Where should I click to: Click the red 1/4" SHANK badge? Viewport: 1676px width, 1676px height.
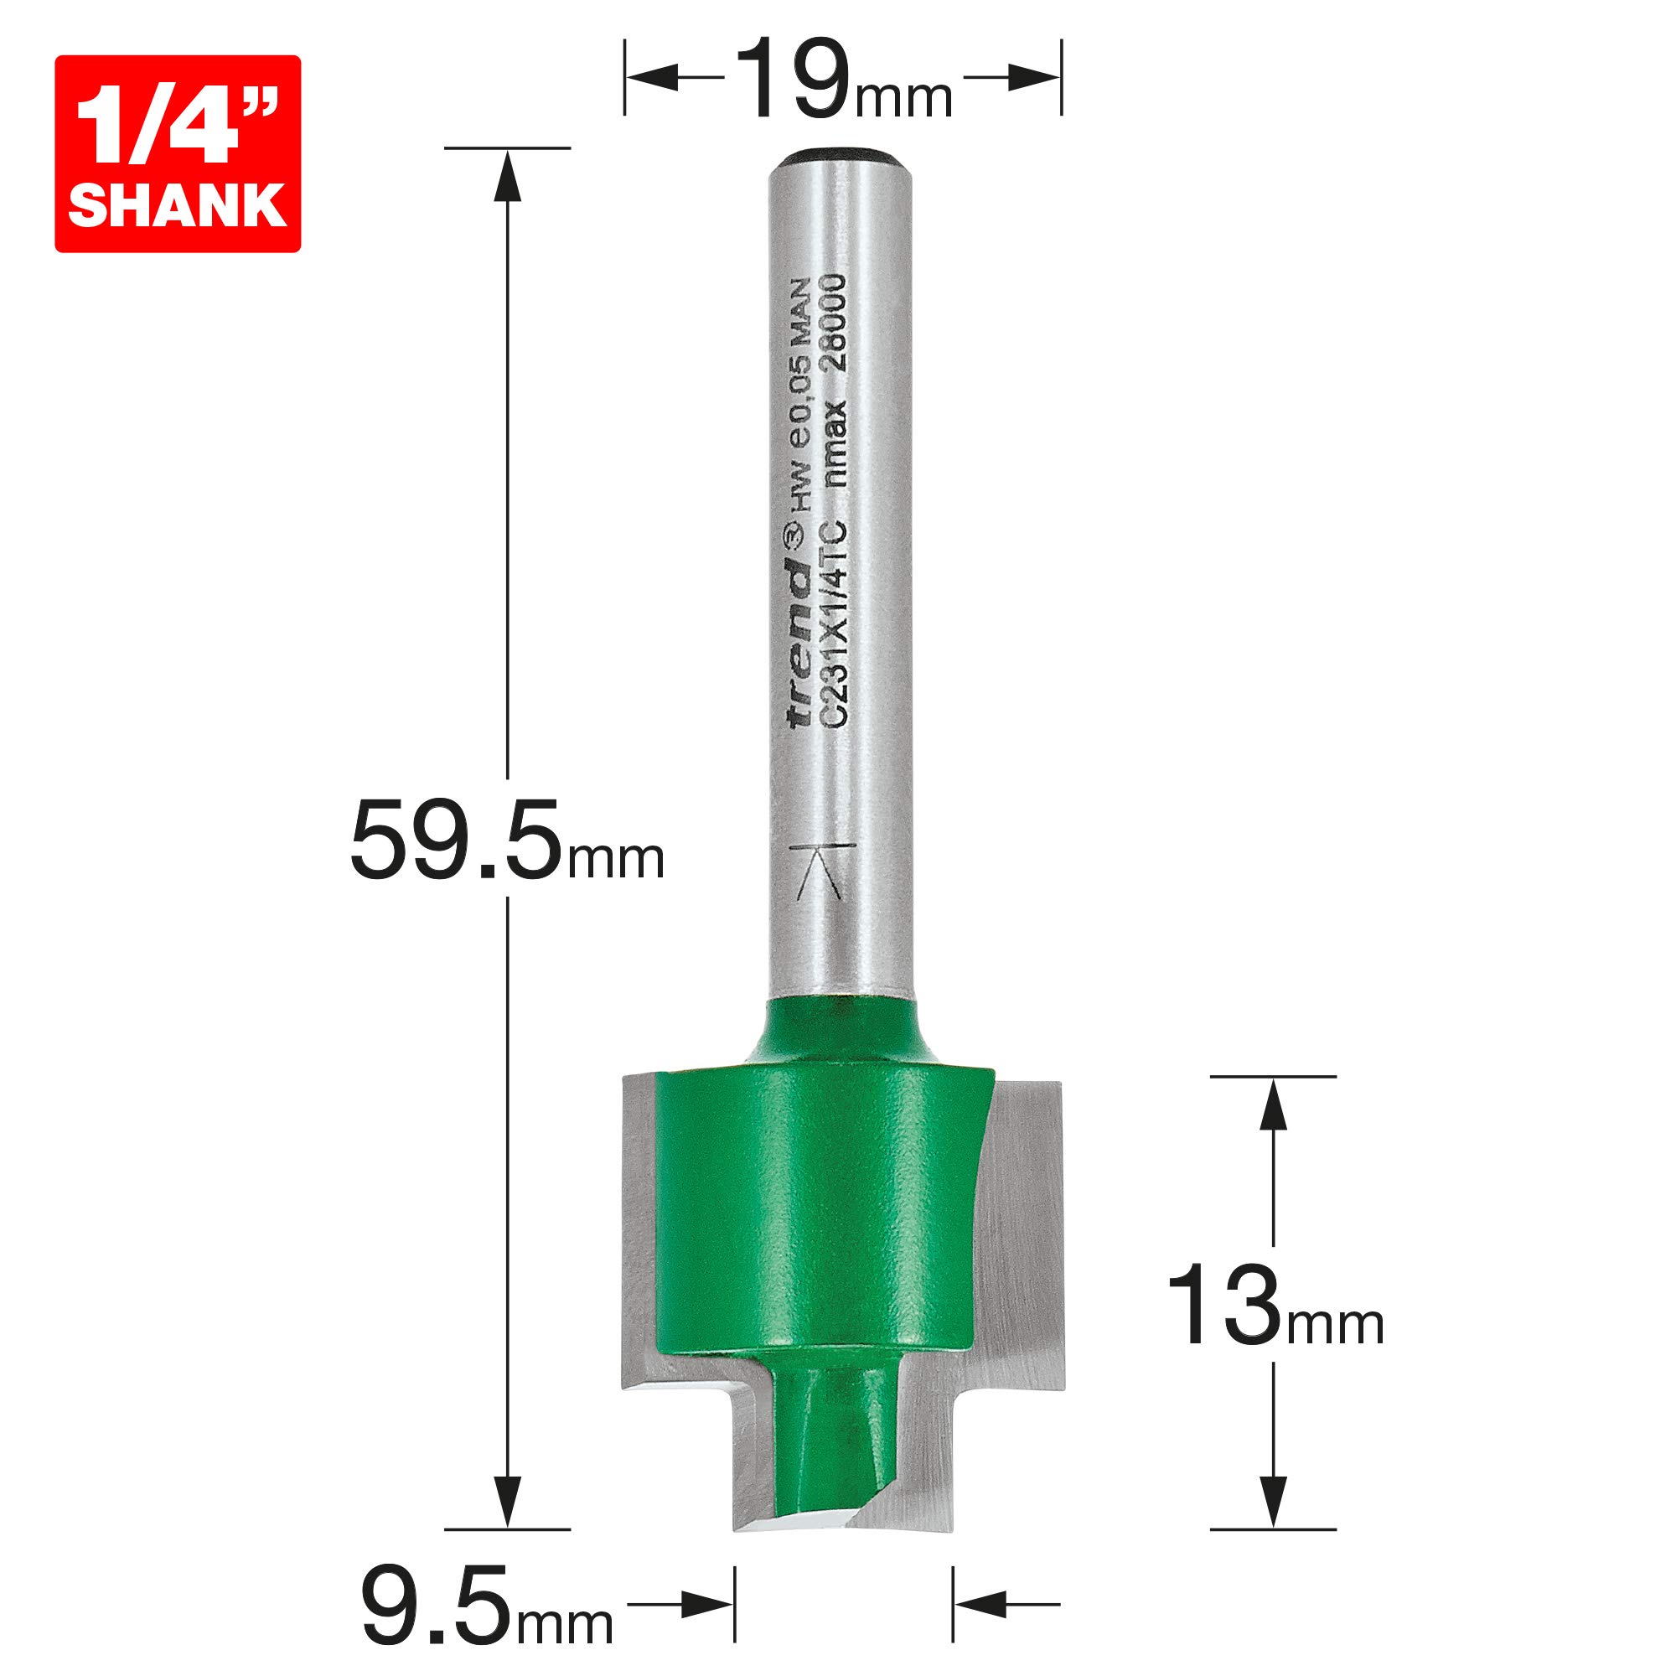(177, 153)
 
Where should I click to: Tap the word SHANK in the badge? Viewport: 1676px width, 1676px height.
(177, 206)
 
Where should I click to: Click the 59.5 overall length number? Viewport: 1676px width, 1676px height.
(455, 842)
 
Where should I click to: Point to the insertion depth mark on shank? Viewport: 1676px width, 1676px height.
(823, 872)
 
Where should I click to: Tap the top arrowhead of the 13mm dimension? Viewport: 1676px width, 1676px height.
(1273, 1105)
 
